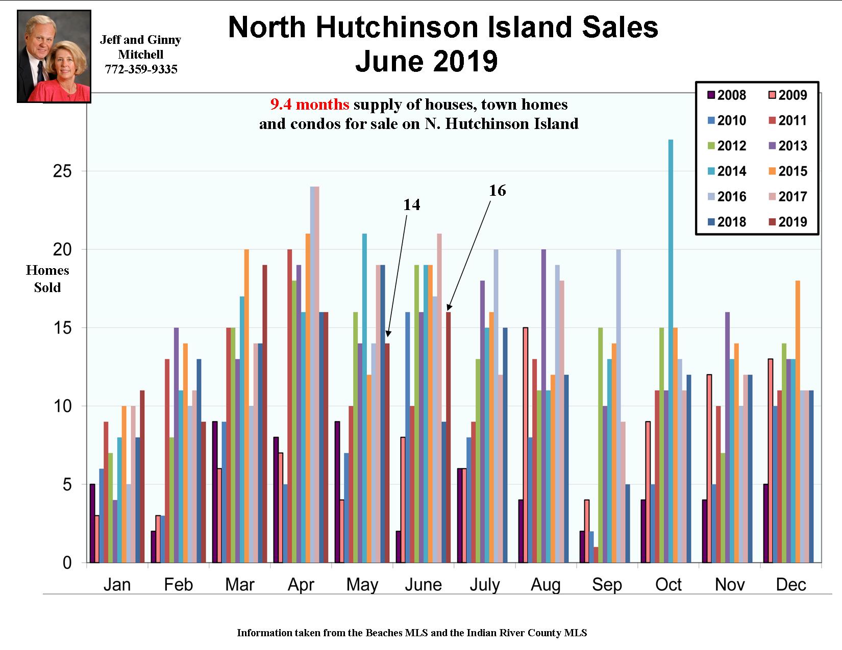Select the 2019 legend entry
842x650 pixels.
click(786, 222)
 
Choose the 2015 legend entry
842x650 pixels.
click(786, 171)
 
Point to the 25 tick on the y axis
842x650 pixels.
click(62, 171)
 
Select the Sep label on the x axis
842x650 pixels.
click(607, 584)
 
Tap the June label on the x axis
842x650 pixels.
click(423, 584)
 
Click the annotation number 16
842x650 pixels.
click(497, 191)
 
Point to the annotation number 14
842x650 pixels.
click(411, 205)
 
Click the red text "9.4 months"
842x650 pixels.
click(310, 105)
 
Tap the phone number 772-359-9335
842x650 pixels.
click(141, 69)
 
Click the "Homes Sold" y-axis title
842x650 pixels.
click(47, 279)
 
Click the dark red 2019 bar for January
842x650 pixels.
click(142, 477)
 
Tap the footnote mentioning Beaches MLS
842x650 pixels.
click(412, 633)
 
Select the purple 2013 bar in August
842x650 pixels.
click(543, 406)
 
